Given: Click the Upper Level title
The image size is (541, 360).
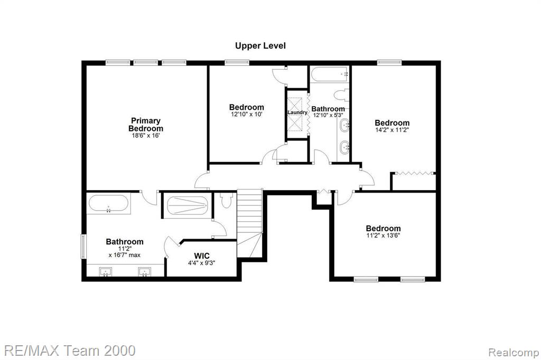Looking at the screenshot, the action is [260, 46].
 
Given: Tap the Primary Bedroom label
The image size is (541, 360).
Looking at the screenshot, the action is [146, 125].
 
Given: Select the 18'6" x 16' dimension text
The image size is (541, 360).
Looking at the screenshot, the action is [146, 136].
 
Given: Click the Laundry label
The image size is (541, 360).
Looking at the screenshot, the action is [297, 112].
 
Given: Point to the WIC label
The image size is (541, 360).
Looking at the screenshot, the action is [201, 256].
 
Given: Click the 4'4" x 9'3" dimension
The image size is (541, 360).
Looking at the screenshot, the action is [201, 263].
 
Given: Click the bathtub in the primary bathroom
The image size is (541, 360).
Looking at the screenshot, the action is [108, 204].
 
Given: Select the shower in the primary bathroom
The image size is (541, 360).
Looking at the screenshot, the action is [188, 206].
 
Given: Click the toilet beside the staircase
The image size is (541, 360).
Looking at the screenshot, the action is [226, 200].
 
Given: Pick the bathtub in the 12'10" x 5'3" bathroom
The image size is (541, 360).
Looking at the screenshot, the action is [330, 74].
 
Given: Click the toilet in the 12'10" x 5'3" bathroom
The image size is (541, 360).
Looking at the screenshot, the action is [342, 95].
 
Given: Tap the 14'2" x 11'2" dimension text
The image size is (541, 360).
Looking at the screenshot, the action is [392, 130].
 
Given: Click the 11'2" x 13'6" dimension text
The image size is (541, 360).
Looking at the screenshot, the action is [383, 235].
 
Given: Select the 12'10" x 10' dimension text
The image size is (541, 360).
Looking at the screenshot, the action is [247, 114].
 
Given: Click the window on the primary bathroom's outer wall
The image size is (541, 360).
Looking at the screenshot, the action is [83, 246].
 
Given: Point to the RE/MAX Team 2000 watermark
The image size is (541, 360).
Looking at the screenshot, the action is [70, 350].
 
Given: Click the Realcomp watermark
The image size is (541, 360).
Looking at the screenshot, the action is [514, 353].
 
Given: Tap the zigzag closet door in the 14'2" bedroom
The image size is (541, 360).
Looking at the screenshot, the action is [414, 173].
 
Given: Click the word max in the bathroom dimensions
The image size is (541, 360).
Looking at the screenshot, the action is [135, 255].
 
